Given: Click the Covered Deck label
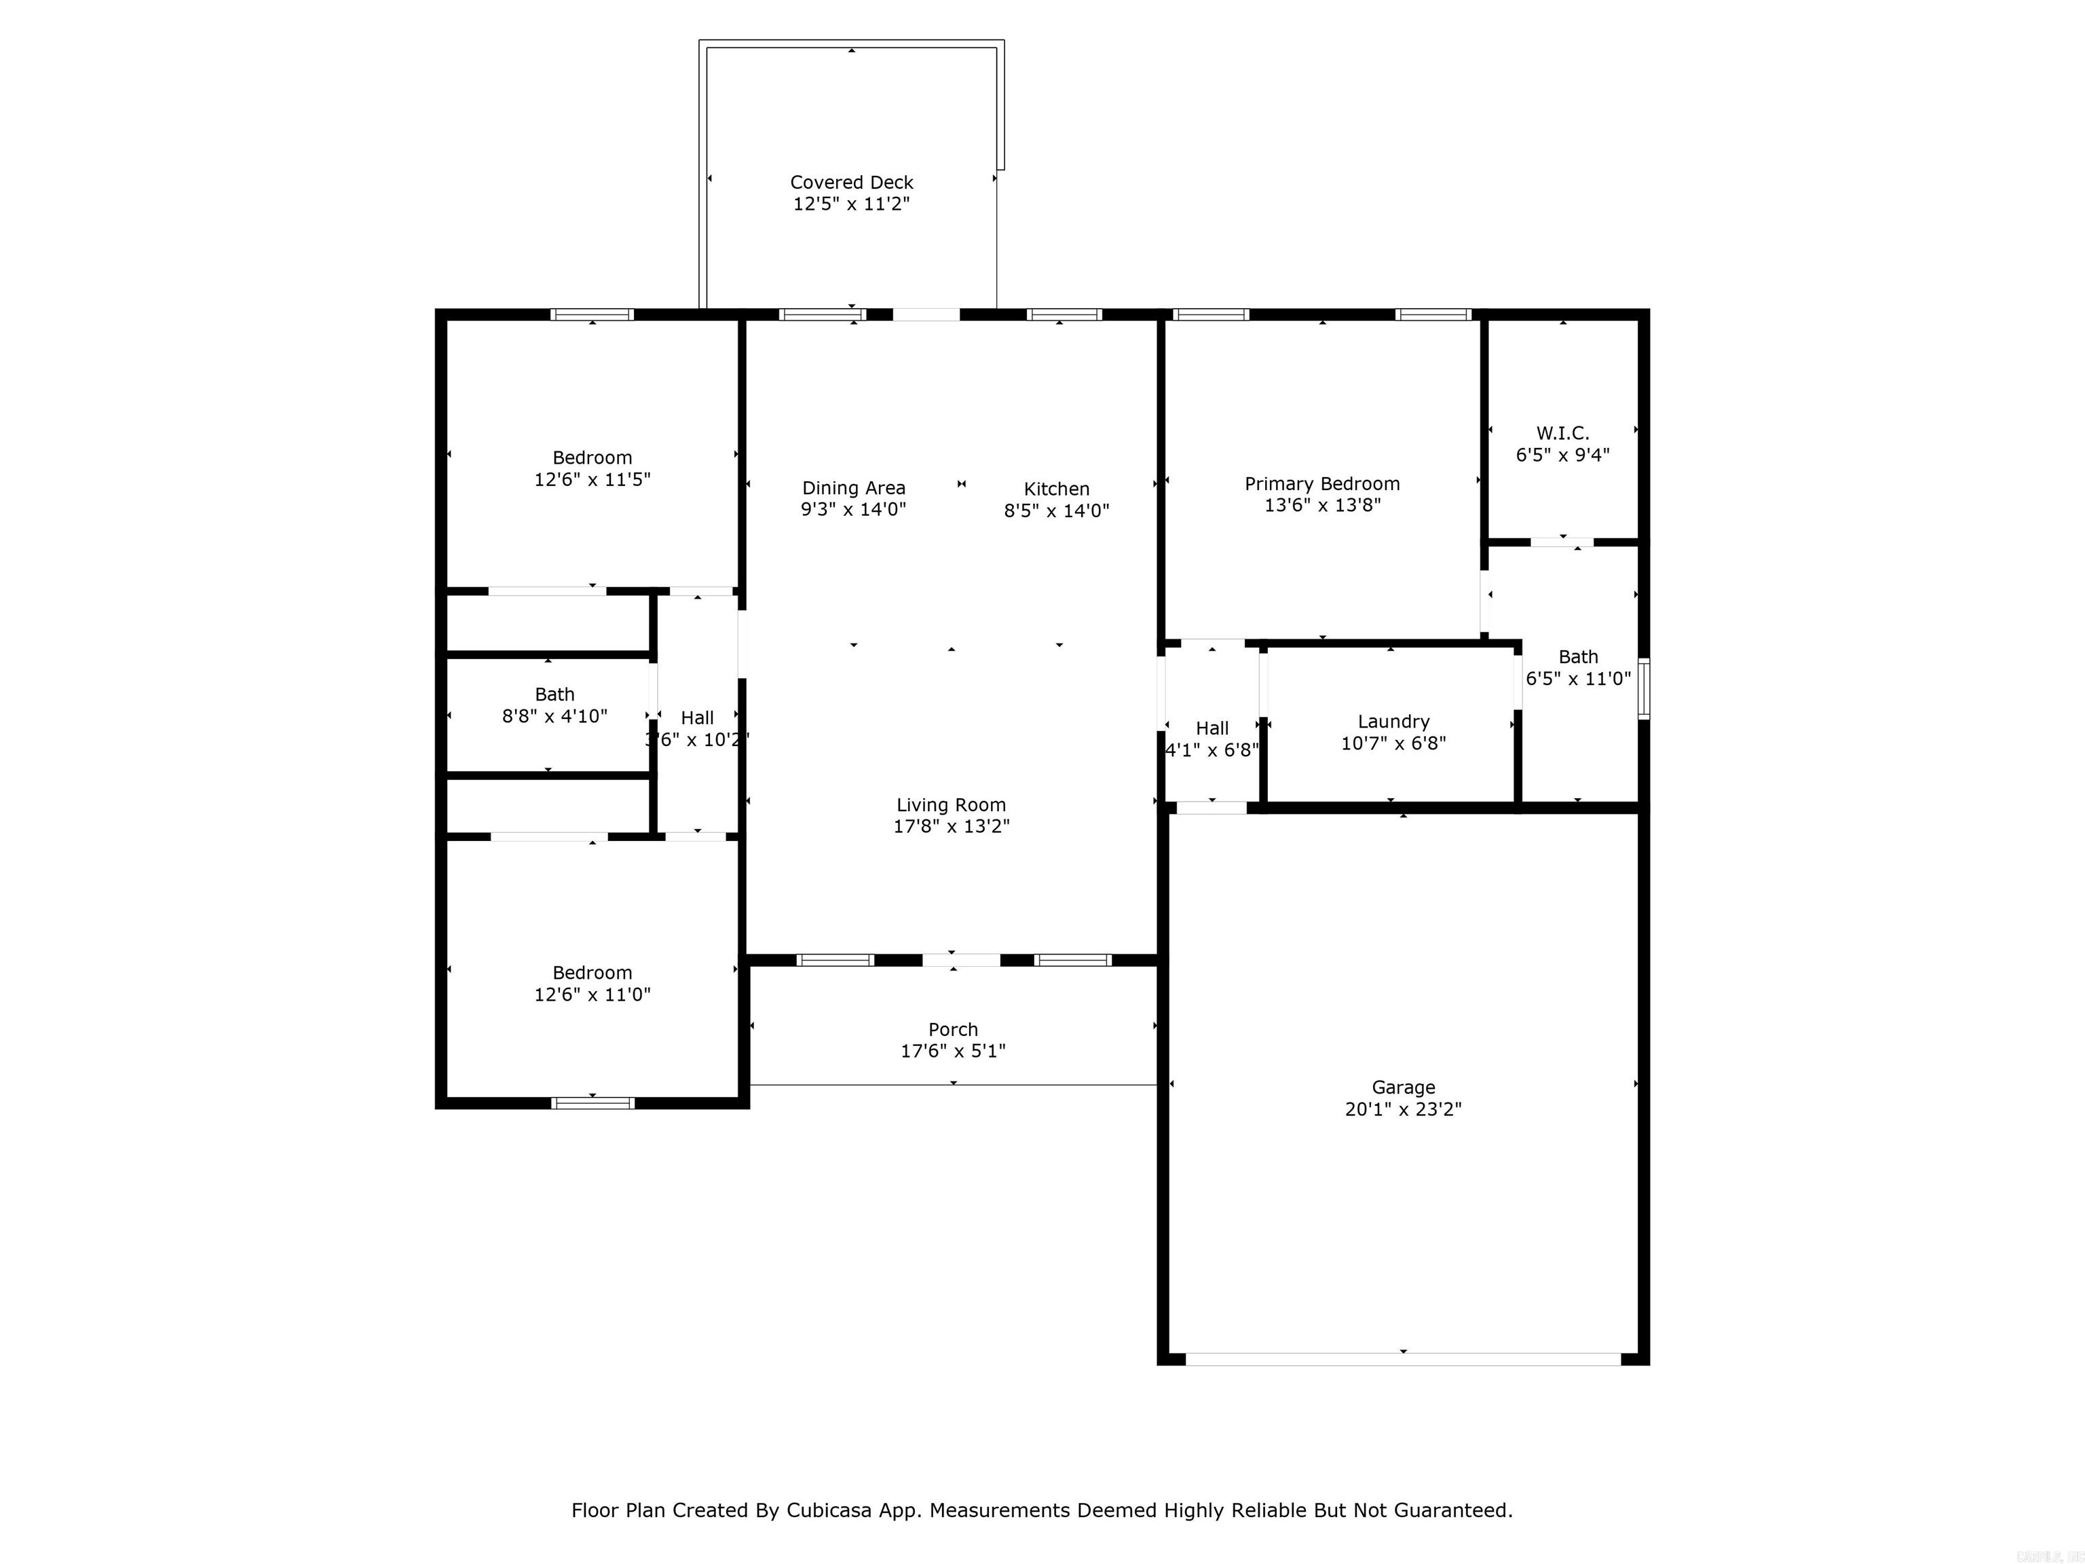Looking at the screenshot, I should tap(851, 182).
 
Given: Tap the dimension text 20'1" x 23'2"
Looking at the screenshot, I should tap(1403, 1110).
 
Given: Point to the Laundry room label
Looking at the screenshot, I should tap(1393, 721).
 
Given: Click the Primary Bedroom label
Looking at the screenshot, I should tap(1321, 483).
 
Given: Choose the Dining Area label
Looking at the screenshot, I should tap(853, 487).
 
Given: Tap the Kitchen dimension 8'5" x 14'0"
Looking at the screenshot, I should tap(1055, 511).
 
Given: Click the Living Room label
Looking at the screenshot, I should tap(950, 804).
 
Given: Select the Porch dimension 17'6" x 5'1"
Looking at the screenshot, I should tap(952, 1051).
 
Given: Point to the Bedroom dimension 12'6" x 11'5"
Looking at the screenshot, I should tap(592, 480).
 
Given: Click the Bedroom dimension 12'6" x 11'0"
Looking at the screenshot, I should tap(592, 994).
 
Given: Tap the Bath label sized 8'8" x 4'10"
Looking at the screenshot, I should tap(555, 694).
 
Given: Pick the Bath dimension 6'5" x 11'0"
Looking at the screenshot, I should tap(1578, 679).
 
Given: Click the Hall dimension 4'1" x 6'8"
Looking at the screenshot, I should tap(1212, 750).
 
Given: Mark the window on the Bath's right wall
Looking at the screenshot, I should tap(1643, 689).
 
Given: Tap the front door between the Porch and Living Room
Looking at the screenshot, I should tap(960, 960).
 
